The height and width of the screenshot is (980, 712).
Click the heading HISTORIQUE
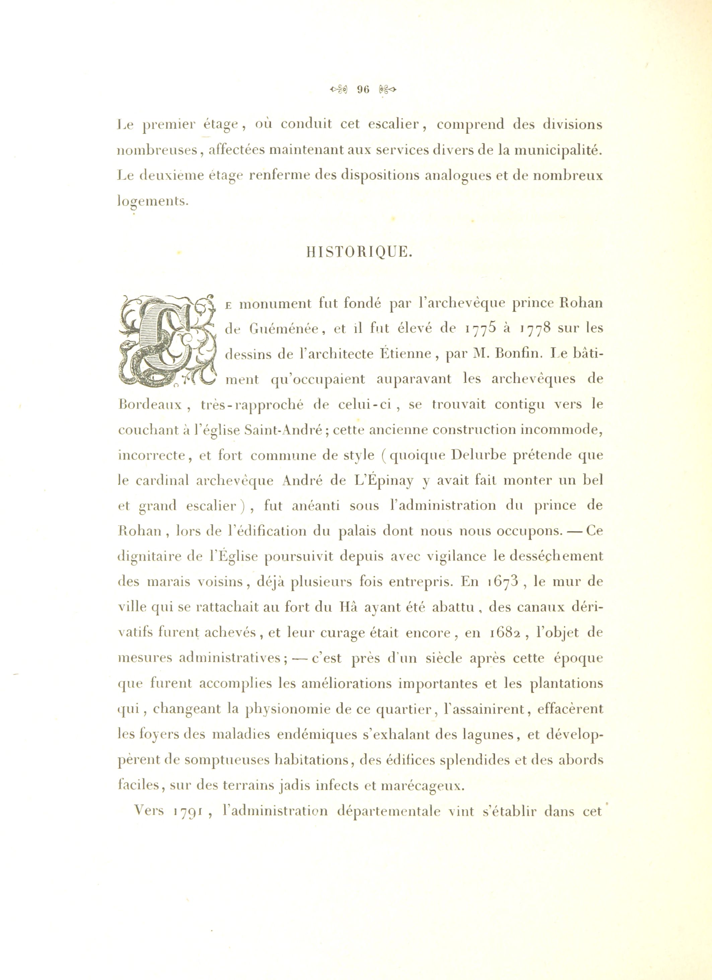(x=359, y=252)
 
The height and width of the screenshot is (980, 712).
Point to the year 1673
(x=497, y=582)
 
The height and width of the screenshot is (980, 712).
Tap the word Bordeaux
(x=151, y=405)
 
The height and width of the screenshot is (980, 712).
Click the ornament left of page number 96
(x=338, y=89)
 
